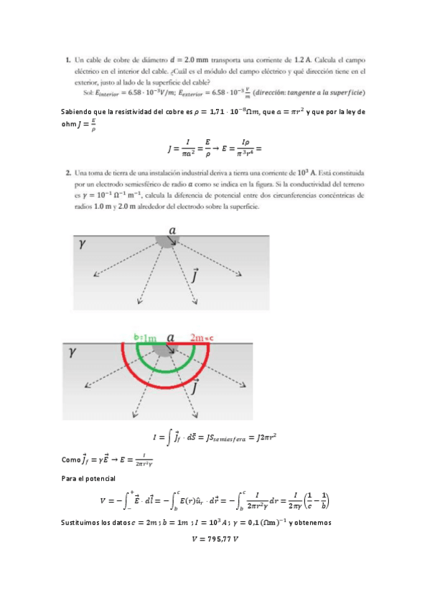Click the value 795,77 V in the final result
tap(215, 539)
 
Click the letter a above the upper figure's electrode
tap(172, 229)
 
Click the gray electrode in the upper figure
tap(167, 242)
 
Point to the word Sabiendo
tap(80, 112)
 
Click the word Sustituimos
tap(85, 523)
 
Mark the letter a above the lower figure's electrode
tap(170, 336)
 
